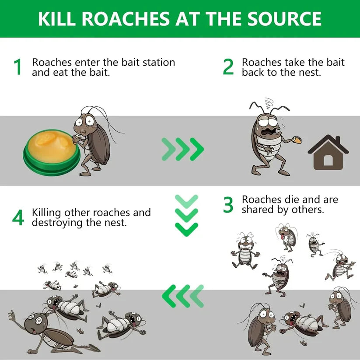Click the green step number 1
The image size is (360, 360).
(x=17, y=67)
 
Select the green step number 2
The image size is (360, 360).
(x=228, y=67)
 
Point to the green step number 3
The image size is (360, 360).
(x=228, y=205)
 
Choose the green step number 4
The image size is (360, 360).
(x=18, y=217)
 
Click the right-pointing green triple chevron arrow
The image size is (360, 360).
(x=183, y=149)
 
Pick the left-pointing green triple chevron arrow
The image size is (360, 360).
(x=183, y=296)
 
